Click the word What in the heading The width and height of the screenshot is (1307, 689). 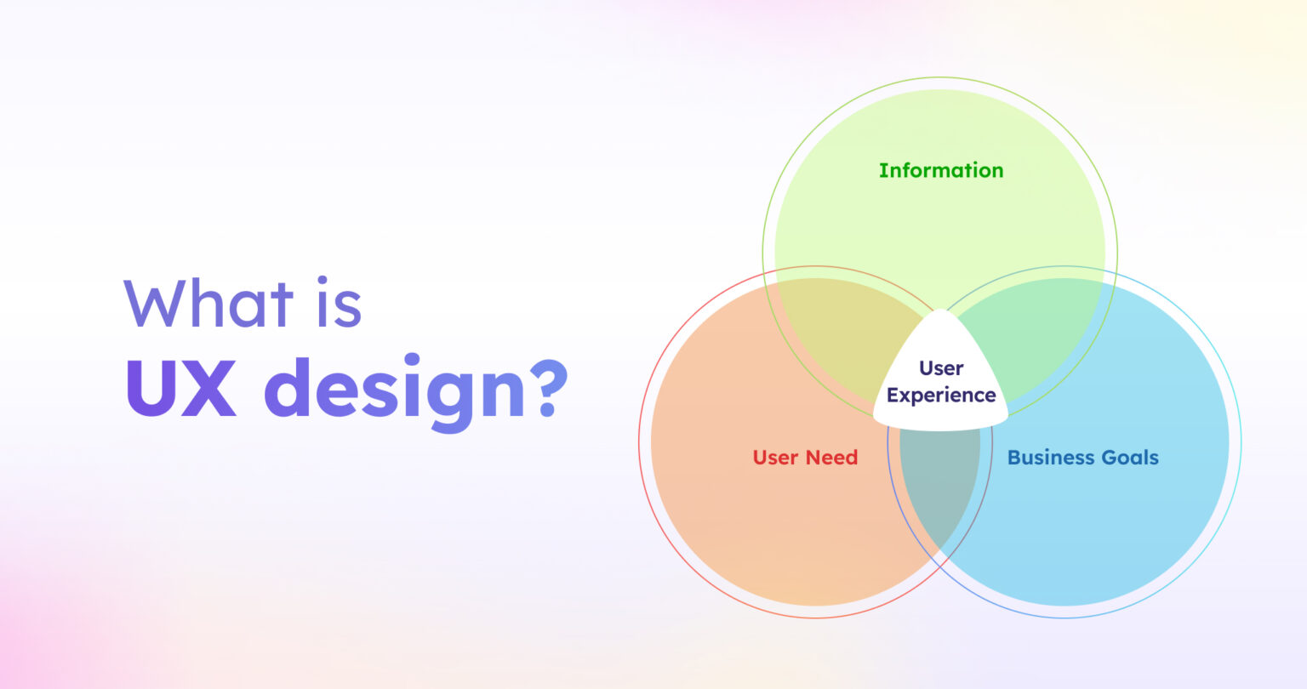208,304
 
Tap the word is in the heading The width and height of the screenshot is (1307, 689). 339,304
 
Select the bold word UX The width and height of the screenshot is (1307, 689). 181,388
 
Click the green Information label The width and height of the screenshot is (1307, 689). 941,170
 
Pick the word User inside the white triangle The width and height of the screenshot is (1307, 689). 941,368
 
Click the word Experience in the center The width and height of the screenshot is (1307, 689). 941,396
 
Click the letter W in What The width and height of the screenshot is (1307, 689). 157,305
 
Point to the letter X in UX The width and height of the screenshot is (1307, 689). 208,388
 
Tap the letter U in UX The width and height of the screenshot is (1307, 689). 151,388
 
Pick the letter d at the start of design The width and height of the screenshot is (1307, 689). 288,388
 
